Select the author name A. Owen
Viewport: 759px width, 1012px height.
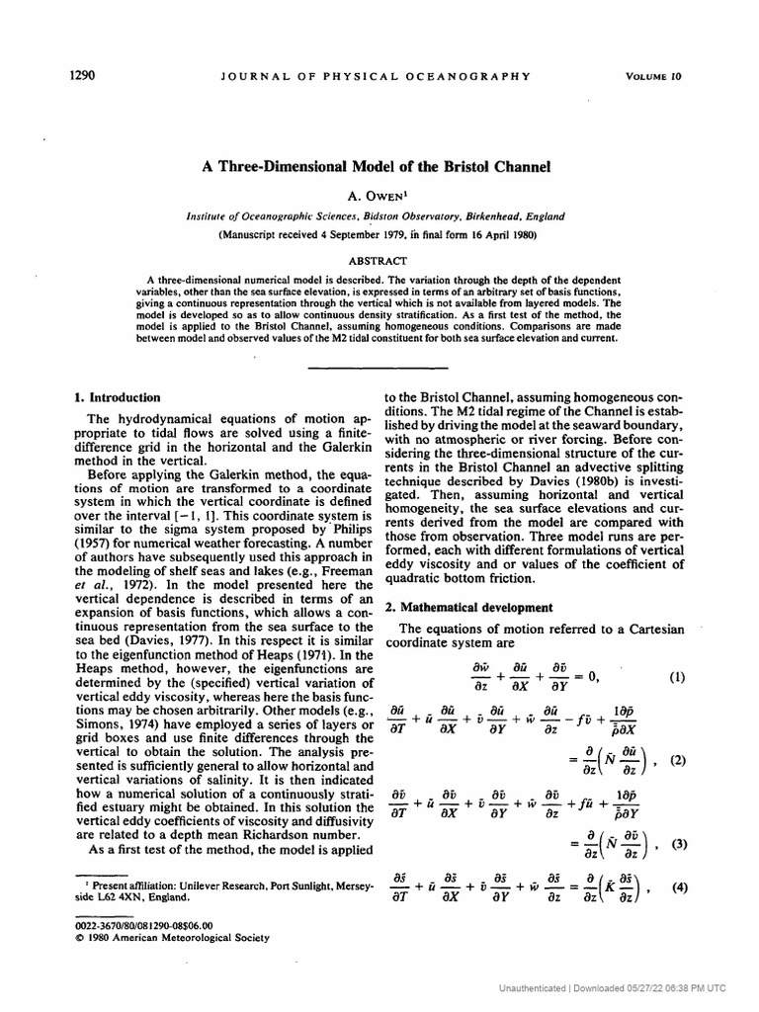(378, 196)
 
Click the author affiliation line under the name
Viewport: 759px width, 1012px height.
(378, 215)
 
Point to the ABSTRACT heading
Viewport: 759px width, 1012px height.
(378, 260)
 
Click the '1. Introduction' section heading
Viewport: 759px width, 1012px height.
(118, 397)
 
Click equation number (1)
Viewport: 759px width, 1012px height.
(677, 677)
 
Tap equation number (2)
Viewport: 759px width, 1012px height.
(677, 760)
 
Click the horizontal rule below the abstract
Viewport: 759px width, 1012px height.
(378, 366)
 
